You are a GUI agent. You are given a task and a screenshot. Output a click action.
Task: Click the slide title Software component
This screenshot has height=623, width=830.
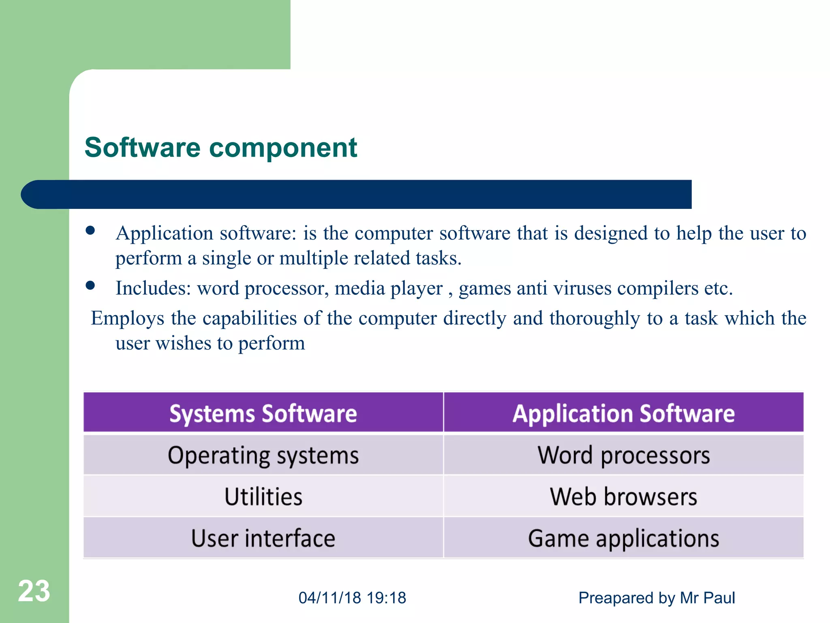point(220,147)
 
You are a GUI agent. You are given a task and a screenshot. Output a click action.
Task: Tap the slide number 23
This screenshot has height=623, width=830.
point(34,591)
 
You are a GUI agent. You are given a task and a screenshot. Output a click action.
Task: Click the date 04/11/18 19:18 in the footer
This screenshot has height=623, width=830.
point(352,598)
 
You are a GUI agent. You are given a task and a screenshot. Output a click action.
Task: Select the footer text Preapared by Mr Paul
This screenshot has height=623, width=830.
point(656,598)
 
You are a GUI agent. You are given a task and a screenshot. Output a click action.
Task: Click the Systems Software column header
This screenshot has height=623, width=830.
point(263,413)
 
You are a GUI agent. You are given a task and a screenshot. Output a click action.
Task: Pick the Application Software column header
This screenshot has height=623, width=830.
point(623,413)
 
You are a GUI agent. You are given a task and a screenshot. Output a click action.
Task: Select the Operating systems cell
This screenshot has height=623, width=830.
point(263,455)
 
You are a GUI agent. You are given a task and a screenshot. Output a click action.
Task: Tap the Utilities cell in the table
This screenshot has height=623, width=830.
point(263,496)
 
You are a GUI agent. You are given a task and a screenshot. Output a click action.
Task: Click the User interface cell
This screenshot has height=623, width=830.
point(263,538)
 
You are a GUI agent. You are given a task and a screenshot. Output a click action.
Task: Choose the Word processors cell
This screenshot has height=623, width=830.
point(623,455)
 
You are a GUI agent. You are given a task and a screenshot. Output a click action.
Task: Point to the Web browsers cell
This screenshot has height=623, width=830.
point(623,496)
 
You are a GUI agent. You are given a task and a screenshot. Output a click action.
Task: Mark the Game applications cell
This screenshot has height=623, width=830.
point(623,538)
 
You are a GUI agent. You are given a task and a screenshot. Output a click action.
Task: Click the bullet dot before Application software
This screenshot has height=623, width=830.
point(90,231)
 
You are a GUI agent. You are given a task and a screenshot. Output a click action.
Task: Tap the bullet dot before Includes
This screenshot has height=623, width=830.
point(90,286)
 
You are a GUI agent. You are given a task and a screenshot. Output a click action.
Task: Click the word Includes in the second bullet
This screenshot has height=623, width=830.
point(153,288)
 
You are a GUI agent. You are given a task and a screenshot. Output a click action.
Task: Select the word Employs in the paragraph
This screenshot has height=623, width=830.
point(127,318)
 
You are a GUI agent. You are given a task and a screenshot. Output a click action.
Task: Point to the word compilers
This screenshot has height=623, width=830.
point(657,288)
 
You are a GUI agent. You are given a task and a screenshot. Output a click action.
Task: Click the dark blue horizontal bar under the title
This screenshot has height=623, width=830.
point(357,194)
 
